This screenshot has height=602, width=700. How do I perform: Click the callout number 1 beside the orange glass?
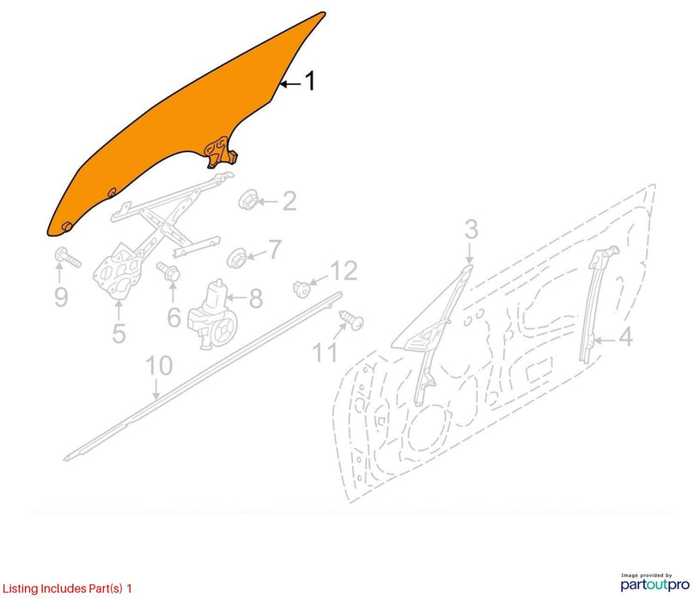point(310,81)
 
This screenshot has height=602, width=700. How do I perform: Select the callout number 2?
point(289,201)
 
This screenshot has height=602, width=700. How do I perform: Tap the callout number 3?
point(471,230)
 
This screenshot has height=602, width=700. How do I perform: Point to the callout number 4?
point(626,336)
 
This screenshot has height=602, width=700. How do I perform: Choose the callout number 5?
point(119,333)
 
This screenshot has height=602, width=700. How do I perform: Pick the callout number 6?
point(173,317)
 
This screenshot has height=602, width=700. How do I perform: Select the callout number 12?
point(344,271)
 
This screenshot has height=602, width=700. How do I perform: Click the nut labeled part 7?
point(236,258)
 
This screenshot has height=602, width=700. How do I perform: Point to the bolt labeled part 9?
point(67,257)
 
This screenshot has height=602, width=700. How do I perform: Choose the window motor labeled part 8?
point(212,315)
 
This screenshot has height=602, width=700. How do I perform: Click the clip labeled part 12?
point(301,289)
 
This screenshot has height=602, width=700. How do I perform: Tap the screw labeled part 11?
point(352,320)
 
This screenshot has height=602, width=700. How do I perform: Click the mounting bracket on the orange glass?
point(221,152)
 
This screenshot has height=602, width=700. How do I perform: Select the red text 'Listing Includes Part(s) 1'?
point(67,588)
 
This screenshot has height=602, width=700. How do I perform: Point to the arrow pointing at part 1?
point(290,83)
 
